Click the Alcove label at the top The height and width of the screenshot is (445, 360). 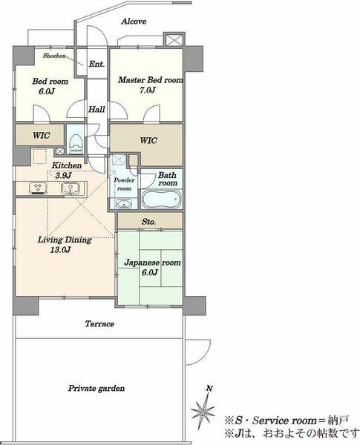point(134,22)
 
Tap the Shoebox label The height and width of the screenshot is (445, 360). point(55,56)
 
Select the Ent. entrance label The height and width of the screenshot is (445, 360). point(96,65)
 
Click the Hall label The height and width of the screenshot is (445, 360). point(96,109)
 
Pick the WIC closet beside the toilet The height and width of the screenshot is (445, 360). point(40,136)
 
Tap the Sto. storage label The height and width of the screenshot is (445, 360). point(148,222)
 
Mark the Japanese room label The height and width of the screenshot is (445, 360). point(151,263)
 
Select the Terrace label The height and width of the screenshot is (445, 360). point(99,325)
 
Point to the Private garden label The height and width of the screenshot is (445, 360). point(96,389)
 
